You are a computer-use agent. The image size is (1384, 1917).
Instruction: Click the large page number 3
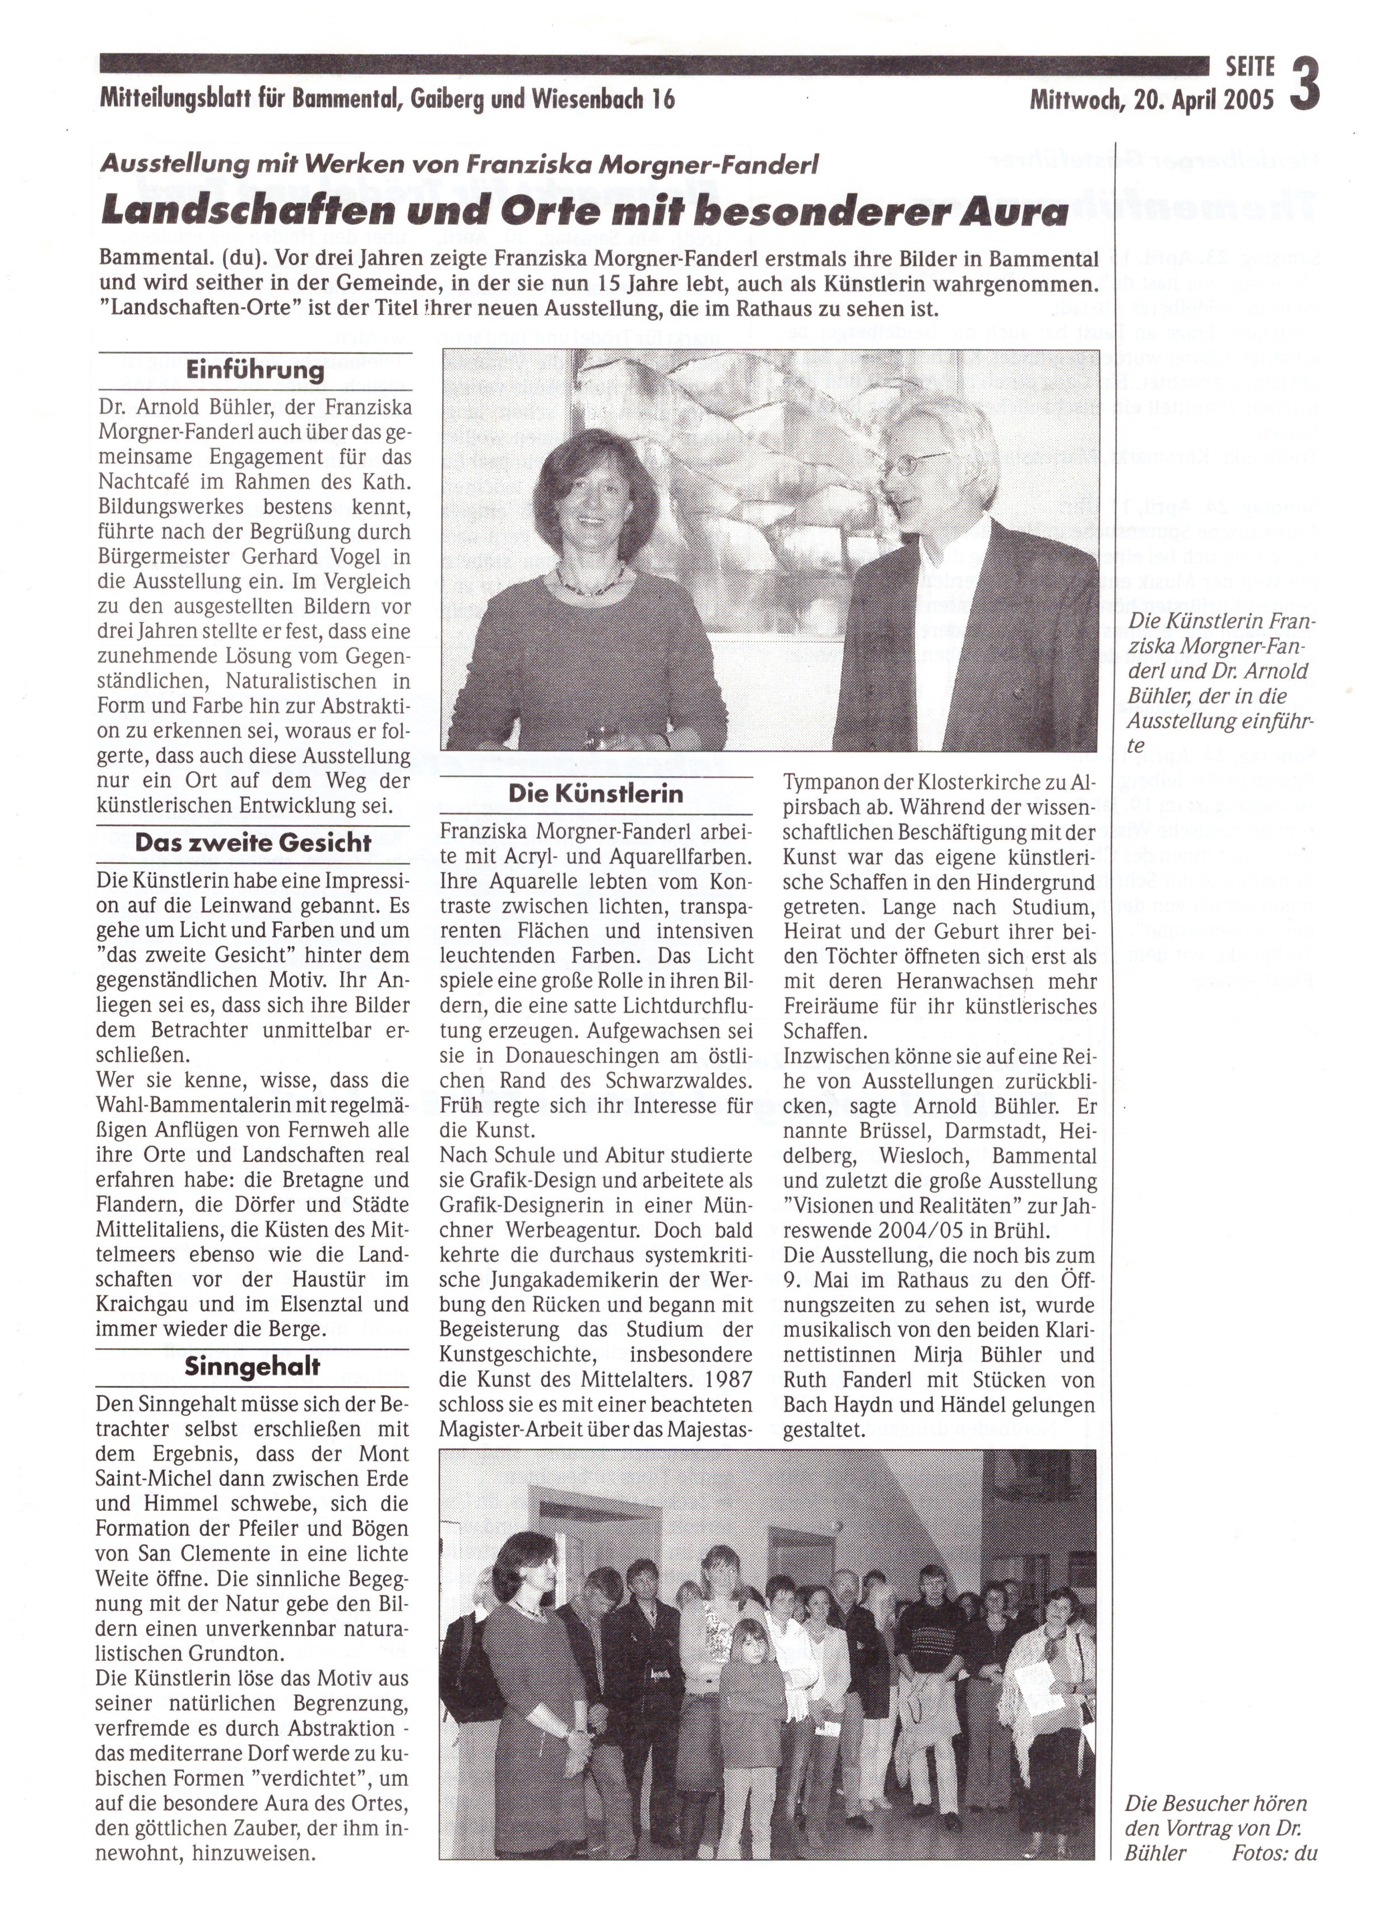[1304, 85]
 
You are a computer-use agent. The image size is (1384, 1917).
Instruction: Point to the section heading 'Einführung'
[255, 370]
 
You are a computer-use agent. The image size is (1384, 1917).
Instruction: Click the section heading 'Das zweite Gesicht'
[253, 842]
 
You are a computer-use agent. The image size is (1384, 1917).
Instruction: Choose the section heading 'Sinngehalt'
[253, 1367]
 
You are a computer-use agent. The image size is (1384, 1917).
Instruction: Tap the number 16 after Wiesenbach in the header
[663, 100]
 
